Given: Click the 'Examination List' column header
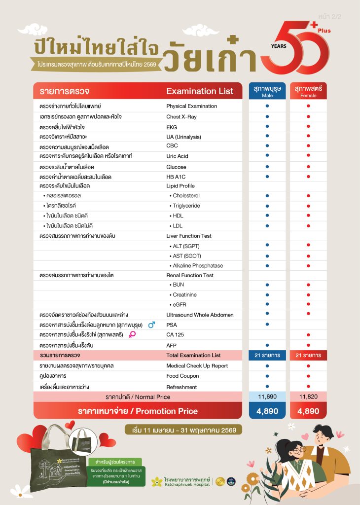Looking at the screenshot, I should (200, 91).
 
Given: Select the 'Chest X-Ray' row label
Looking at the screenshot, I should (181, 117).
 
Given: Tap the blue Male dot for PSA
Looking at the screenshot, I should (267, 324).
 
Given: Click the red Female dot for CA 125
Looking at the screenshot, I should (308, 335).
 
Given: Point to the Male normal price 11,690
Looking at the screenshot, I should (267, 397).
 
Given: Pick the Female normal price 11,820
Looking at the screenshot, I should (308, 397).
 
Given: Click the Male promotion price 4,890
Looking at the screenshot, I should (267, 411).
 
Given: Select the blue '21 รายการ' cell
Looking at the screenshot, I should (267, 355).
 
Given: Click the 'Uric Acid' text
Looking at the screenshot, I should (177, 156).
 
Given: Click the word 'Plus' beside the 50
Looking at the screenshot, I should (324, 31).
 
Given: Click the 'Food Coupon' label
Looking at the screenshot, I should (182, 376).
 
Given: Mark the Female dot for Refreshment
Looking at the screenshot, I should (308, 387).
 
